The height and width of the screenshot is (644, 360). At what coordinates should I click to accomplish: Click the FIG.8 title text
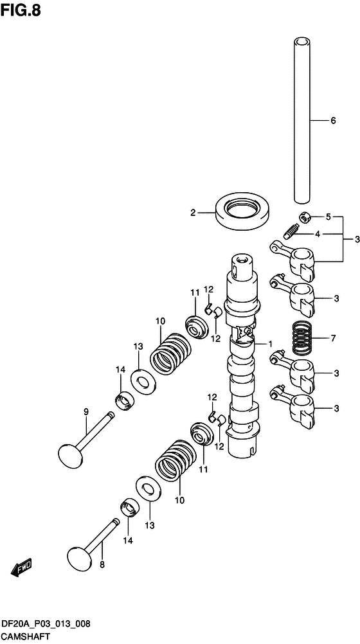pyautogui.click(x=21, y=10)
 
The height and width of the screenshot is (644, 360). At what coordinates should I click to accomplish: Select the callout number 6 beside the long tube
pyautogui.click(x=333, y=121)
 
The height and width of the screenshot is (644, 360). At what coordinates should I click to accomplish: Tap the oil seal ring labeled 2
pyautogui.click(x=243, y=212)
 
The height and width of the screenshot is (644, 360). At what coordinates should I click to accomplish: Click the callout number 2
pyautogui.click(x=193, y=213)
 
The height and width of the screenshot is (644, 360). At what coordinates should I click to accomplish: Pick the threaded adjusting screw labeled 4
pyautogui.click(x=290, y=231)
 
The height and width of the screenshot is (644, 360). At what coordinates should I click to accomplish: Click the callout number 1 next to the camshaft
pyautogui.click(x=271, y=343)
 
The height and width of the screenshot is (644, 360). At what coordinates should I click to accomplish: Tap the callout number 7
pyautogui.click(x=333, y=339)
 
